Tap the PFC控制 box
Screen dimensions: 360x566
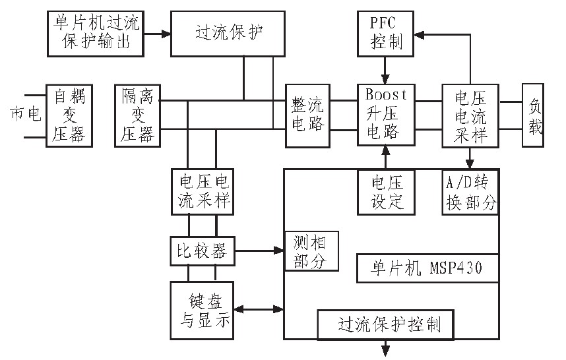386,33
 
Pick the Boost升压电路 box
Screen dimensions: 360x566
386,113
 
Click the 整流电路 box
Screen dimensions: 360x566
308,113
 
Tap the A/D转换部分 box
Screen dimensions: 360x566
470,191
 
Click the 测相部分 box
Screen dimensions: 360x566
311,251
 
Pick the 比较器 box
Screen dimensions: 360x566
201,251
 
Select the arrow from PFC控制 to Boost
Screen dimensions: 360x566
386,69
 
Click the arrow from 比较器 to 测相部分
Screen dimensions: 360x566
257,251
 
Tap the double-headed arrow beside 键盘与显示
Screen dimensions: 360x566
258,309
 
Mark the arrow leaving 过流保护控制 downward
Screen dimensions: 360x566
386,347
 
